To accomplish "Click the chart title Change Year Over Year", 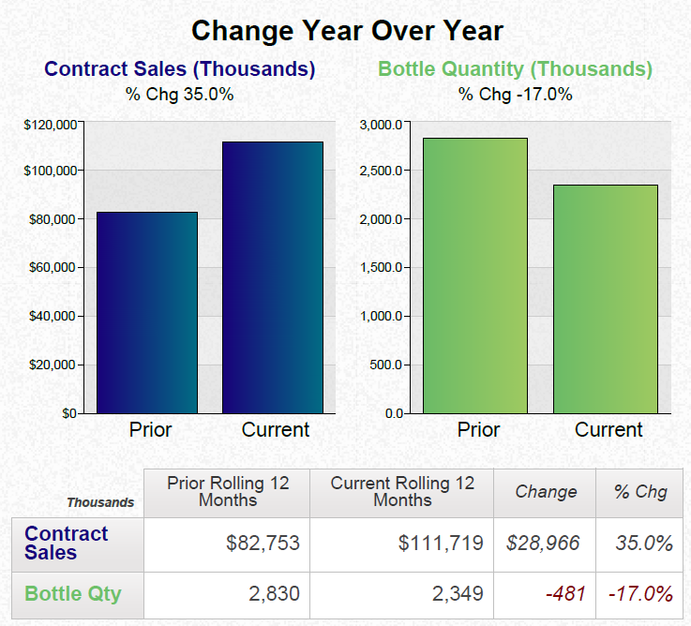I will tap(347, 31).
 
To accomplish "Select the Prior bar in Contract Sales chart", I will tap(147, 312).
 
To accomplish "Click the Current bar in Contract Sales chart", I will tap(272, 277).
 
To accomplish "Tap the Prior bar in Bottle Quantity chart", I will tap(474, 276).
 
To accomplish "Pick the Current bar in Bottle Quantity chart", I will tap(605, 298).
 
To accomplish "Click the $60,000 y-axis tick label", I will tap(53, 268).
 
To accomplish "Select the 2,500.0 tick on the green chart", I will tap(381, 171).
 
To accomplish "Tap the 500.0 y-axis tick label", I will tap(384, 365).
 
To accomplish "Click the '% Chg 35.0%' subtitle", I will tap(179, 94).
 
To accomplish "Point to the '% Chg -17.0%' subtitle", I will tap(515, 94).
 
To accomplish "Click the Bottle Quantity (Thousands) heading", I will tap(515, 69).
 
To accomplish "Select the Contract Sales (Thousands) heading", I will tap(180, 69).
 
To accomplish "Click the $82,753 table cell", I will tap(263, 544).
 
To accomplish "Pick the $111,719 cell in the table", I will tap(441, 544).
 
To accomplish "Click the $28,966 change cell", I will tap(543, 544).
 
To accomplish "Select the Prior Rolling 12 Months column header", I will tap(228, 491).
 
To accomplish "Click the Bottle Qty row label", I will tap(72, 593).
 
